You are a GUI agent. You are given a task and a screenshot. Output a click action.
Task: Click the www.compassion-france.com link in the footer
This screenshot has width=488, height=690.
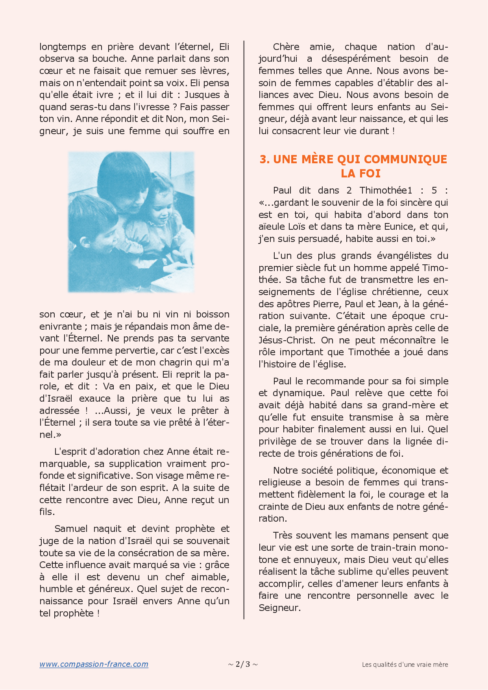94,664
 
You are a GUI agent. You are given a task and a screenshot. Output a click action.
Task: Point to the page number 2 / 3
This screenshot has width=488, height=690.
243,664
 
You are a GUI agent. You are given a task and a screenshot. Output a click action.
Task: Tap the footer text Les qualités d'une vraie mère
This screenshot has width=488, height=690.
405,664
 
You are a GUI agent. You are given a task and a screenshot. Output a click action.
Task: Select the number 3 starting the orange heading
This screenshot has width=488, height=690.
264,159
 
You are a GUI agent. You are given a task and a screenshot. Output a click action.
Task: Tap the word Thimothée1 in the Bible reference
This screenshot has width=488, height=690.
386,190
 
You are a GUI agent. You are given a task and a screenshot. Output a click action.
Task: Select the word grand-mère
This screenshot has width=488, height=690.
409,405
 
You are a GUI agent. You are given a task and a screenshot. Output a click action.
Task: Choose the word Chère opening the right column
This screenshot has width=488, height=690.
286,47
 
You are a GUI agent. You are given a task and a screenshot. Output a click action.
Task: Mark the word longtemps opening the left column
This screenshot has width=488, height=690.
63,47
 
